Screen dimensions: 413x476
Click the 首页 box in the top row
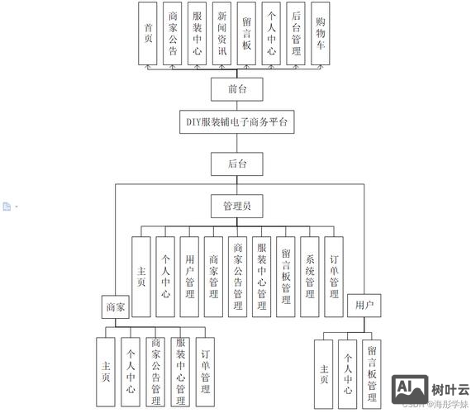click(x=149, y=33)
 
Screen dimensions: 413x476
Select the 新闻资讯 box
click(x=221, y=33)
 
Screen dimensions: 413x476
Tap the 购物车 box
click(x=320, y=33)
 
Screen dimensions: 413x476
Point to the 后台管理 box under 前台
click(x=296, y=33)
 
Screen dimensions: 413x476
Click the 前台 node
click(x=237, y=88)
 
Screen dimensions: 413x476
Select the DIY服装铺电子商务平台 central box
click(x=237, y=122)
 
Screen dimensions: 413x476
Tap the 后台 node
click(x=237, y=163)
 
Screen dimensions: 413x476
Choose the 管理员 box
click(x=237, y=205)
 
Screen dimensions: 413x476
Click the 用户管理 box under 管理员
click(x=190, y=277)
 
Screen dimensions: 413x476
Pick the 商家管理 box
click(x=214, y=277)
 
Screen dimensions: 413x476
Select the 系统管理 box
click(x=310, y=277)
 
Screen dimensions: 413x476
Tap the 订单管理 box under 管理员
click(x=334, y=277)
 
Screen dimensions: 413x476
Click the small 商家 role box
click(x=115, y=306)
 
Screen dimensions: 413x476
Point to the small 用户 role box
click(x=364, y=306)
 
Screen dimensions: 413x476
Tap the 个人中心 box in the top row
click(x=271, y=33)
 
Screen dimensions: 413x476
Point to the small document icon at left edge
click(x=7, y=206)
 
